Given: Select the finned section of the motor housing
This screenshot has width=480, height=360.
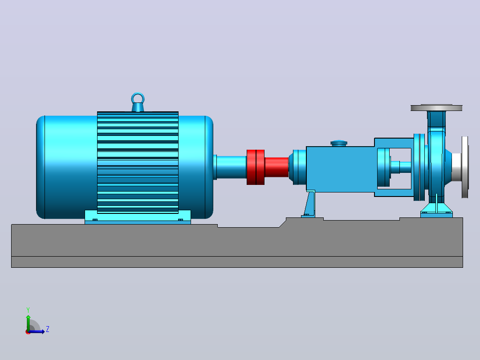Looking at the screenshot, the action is point(138,162).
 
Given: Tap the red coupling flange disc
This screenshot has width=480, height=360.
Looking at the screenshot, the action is point(256,167).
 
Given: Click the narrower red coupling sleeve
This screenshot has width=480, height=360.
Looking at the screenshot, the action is point(277,167).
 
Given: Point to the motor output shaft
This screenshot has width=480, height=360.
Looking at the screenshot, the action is point(232,167).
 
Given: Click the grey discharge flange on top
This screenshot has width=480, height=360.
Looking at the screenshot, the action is point(436,108).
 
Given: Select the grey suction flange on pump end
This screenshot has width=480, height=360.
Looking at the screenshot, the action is point(465,167).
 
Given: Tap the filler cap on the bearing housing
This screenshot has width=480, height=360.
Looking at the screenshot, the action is point(339,143).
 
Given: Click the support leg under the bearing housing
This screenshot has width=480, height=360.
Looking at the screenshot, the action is point(310,204).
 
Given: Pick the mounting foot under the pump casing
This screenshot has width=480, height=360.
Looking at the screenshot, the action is point(436,210).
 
